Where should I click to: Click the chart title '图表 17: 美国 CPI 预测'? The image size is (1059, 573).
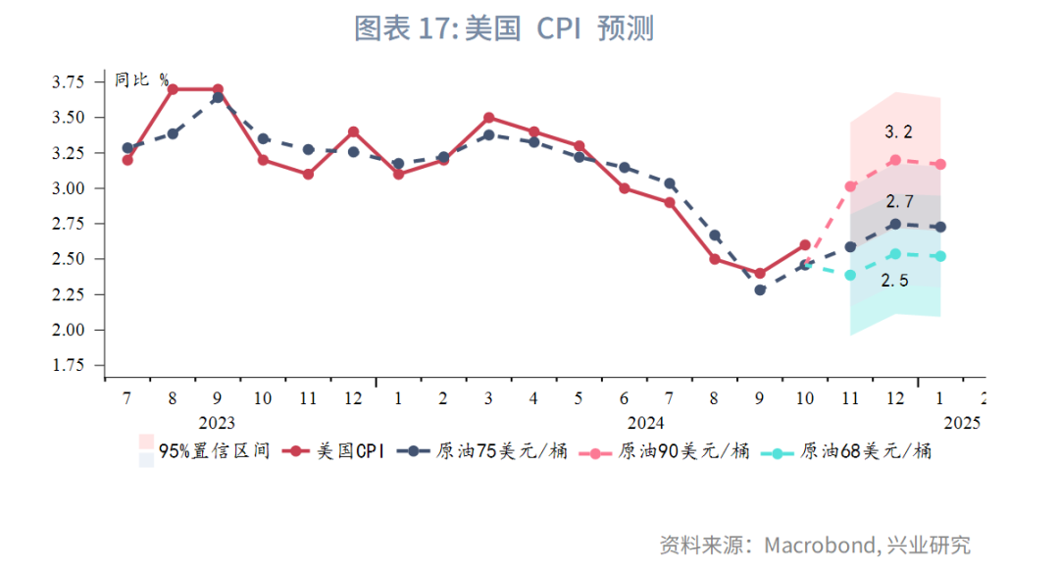pyautogui.click(x=503, y=28)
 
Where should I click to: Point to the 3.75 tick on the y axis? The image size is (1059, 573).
pyautogui.click(x=70, y=82)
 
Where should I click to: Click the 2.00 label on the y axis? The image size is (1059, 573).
pyautogui.click(x=70, y=330)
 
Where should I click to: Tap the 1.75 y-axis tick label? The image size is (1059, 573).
pyautogui.click(x=70, y=365)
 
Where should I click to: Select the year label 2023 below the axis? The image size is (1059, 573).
pyautogui.click(x=217, y=423)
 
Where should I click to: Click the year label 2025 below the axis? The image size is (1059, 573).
pyautogui.click(x=962, y=423)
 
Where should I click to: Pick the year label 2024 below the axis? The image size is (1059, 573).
pyautogui.click(x=645, y=423)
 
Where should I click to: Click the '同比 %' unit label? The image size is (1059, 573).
pyautogui.click(x=141, y=80)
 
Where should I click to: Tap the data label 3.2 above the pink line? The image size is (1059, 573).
pyautogui.click(x=898, y=131)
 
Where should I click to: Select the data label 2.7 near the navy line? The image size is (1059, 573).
pyautogui.click(x=899, y=202)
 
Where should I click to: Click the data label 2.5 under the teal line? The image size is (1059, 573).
pyautogui.click(x=894, y=281)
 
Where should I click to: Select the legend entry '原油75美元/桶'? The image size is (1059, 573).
pyautogui.click(x=501, y=451)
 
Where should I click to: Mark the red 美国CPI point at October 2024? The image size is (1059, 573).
pyautogui.click(x=805, y=245)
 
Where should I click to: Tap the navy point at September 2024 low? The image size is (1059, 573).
pyautogui.click(x=760, y=289)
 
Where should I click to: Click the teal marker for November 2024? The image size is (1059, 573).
pyautogui.click(x=850, y=275)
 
